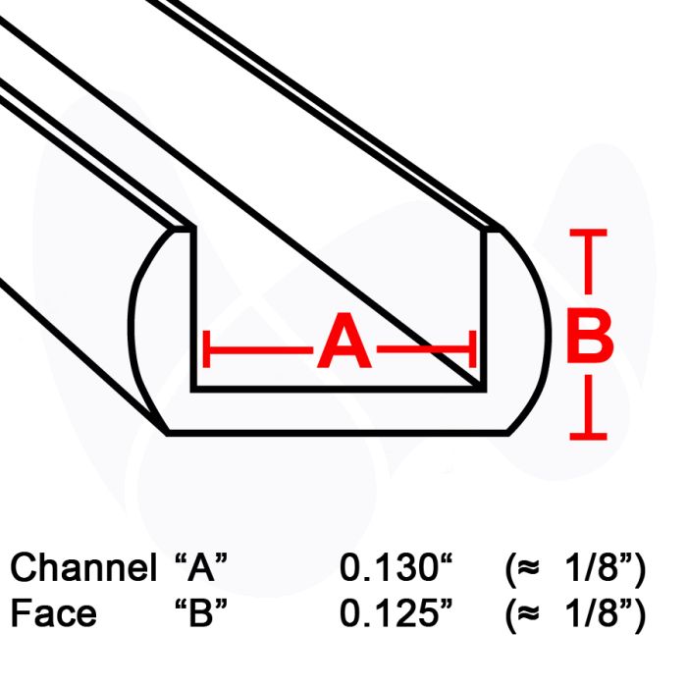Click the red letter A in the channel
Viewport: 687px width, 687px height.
[x=343, y=346]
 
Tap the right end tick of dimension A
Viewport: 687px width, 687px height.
[x=475, y=347]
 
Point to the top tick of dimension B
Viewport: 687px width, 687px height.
[x=587, y=234]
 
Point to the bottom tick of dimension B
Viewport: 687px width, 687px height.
[x=587, y=435]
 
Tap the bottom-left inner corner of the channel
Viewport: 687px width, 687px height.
[x=192, y=388]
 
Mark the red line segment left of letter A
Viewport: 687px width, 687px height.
[x=260, y=347]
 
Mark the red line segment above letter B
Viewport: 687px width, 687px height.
[x=587, y=265]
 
